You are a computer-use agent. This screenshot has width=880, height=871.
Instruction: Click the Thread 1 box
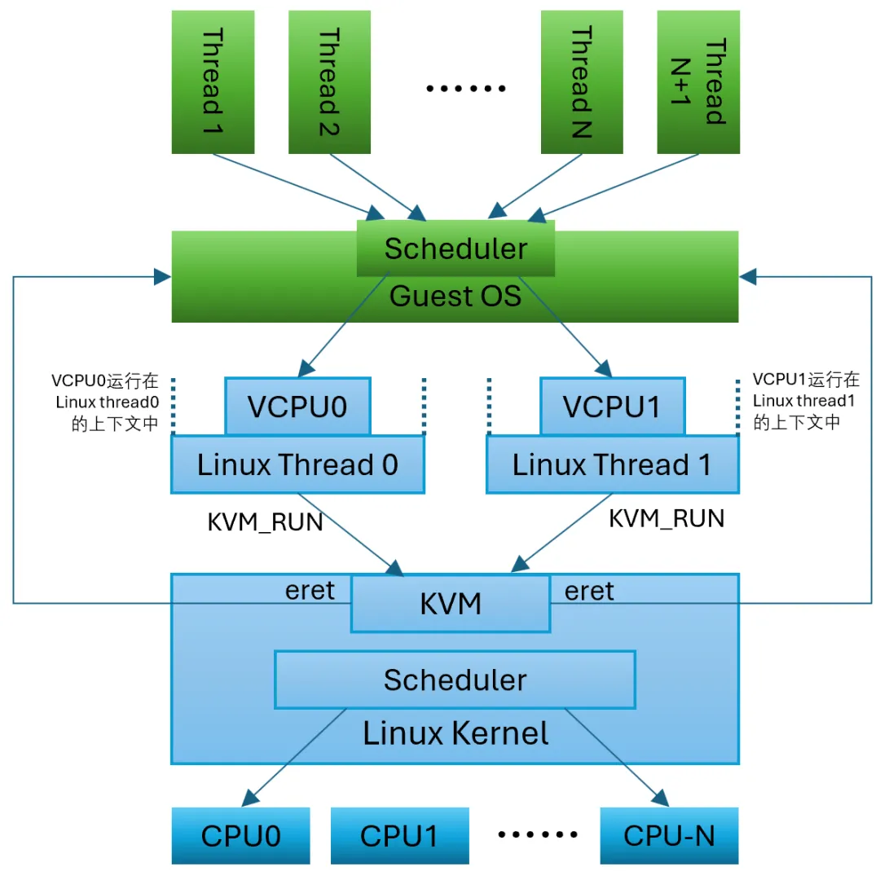coord(212,81)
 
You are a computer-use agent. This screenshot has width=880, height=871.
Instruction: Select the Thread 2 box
coord(329,81)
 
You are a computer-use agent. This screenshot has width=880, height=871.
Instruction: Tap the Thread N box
coord(582,81)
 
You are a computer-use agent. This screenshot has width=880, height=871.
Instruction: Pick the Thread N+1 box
coord(698,81)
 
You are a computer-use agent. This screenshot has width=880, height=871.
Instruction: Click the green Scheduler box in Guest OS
coord(455,249)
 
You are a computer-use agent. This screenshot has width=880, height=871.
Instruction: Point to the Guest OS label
coord(455,296)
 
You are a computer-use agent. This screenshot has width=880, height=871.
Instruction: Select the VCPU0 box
coord(298,406)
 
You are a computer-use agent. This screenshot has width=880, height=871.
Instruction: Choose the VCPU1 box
coord(612,406)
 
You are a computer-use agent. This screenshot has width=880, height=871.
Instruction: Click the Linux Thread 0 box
coord(297,464)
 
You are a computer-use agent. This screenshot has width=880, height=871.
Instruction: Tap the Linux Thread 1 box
coord(612,464)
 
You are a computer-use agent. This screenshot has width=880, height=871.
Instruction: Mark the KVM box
coord(451,604)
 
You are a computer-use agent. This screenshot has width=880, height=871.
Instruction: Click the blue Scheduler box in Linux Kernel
coord(455,680)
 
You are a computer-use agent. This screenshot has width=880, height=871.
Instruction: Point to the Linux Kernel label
coord(455,733)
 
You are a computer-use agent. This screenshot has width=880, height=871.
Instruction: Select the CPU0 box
coord(241,836)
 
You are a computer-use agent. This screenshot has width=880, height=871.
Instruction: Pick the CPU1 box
coord(399,836)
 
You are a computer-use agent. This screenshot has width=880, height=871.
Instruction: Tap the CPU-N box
coord(669,836)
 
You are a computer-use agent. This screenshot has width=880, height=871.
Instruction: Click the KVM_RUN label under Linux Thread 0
coord(266,522)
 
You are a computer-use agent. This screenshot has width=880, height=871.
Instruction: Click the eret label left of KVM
coord(310,591)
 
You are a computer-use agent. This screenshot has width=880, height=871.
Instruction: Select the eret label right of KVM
coord(589,591)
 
